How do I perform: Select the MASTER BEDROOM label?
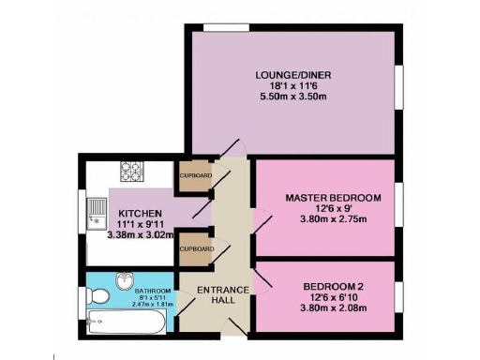[334, 198]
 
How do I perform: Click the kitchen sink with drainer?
[95, 213]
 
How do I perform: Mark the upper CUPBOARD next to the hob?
[195, 176]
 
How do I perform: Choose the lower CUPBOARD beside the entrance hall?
[195, 248]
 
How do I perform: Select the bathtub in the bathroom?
[127, 323]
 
